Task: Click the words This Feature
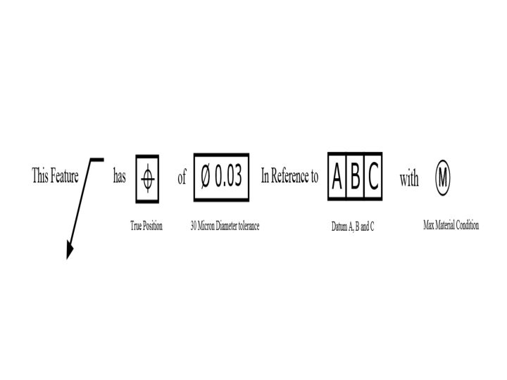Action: pos(55,176)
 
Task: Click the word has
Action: pos(120,177)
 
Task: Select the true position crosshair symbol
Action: pos(147,179)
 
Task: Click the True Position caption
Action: pos(146,226)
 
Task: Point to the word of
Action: pos(182,177)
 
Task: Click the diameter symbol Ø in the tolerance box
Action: pos(205,177)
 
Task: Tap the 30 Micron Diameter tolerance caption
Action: pos(225,226)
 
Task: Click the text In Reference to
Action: pos(289,177)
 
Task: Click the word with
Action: pos(409,179)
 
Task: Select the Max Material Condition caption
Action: pos(451,226)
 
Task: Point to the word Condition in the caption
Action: pos(466,226)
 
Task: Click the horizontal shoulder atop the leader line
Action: pos(96,160)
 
